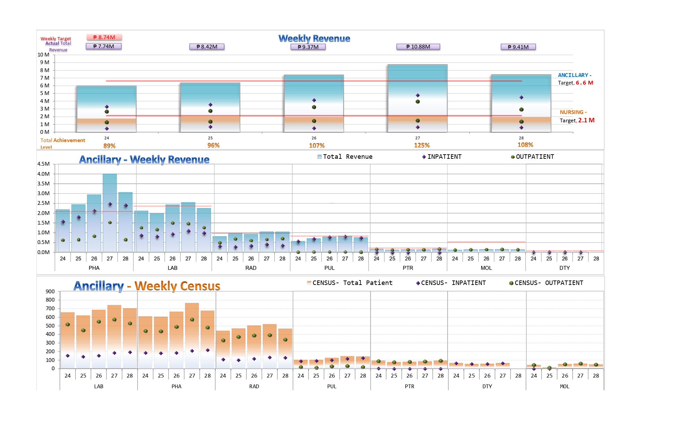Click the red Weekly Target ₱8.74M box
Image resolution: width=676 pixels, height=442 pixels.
coord(104,37)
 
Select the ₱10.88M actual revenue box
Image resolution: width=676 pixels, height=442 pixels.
coord(418,47)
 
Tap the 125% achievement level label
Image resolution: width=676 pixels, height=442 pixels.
coord(422,146)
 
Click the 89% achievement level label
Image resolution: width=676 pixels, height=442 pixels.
coord(109,146)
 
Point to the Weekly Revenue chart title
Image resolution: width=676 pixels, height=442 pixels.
coord(314,38)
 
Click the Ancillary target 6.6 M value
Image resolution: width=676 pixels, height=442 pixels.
coord(584,83)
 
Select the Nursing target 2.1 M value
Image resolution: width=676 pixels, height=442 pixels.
coord(586,120)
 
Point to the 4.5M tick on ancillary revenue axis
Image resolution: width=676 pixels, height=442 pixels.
coord(44,164)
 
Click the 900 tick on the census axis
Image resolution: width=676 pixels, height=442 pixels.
coord(50,292)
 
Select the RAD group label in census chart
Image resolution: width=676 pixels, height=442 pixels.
coord(254,386)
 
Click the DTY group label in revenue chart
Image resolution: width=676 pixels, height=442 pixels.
coord(564,268)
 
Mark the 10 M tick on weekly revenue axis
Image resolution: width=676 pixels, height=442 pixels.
coord(44,55)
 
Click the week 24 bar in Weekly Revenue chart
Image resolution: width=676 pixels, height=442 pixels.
coord(106,109)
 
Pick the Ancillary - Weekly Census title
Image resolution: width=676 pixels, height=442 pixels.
coord(147,286)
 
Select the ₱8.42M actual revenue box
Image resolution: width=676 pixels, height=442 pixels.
coord(207,47)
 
